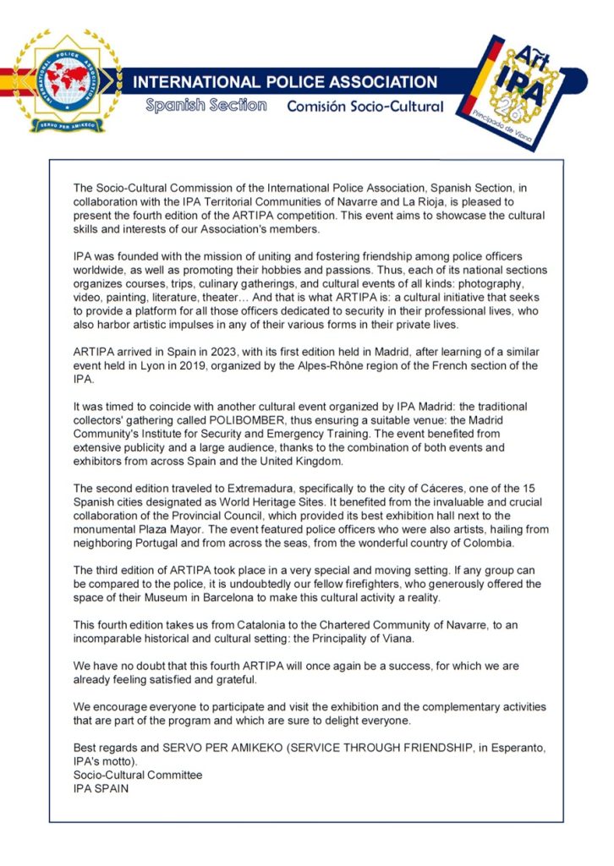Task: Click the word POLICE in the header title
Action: point(289,83)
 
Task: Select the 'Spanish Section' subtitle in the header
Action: point(206,107)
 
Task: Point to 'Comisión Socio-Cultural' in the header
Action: point(365,107)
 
